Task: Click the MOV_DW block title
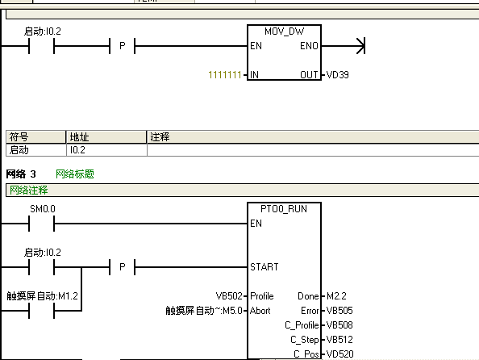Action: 284,31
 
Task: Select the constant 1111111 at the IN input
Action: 225,75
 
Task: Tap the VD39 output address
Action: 338,75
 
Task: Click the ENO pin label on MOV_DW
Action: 309,46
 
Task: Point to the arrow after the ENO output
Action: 360,46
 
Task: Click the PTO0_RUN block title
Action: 284,209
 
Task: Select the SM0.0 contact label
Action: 43,209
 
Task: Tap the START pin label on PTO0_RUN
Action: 264,267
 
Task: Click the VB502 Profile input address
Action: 229,296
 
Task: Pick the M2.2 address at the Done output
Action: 336,296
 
